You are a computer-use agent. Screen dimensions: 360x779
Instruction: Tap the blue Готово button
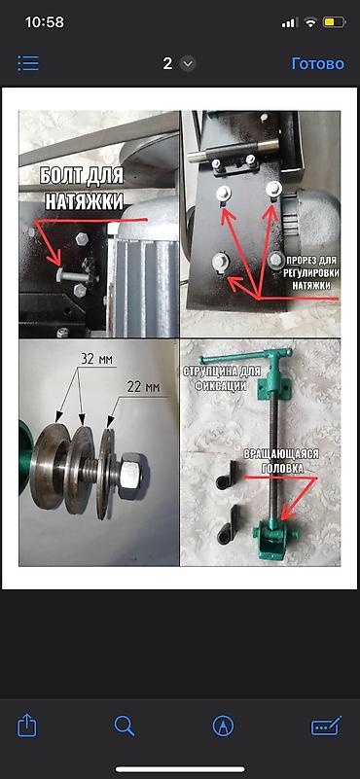(x=318, y=63)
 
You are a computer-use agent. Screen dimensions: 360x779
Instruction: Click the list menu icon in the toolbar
(x=28, y=63)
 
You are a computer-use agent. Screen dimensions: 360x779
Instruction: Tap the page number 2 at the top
(x=167, y=63)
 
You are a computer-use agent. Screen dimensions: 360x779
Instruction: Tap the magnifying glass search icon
(x=124, y=726)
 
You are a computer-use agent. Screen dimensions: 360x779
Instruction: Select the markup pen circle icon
(x=223, y=726)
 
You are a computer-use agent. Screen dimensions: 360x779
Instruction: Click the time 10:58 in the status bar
(x=44, y=22)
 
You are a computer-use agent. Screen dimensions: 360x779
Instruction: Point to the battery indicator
(x=334, y=22)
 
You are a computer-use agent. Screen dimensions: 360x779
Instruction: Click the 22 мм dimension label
(x=142, y=386)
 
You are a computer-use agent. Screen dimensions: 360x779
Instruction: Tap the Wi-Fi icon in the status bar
(x=310, y=22)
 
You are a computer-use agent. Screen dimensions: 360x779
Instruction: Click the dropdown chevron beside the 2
(x=188, y=63)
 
